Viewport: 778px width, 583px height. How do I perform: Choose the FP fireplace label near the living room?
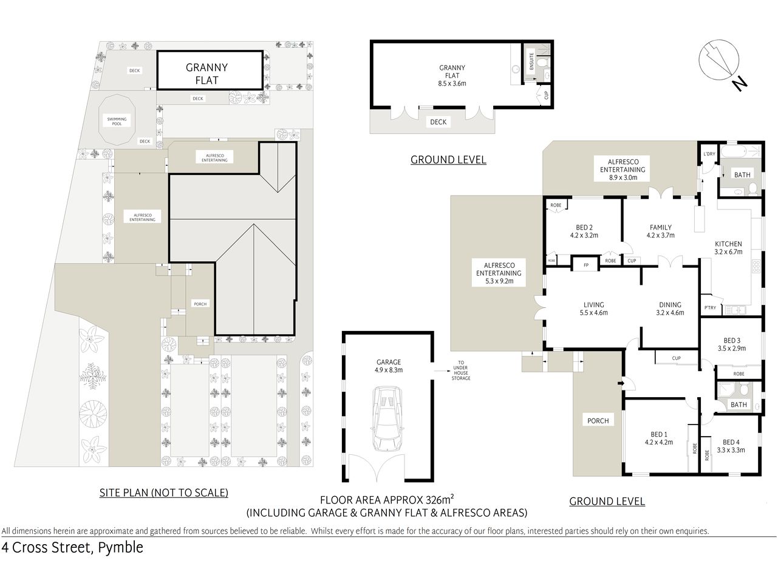[x=586, y=266]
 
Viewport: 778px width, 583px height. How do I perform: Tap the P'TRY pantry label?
[x=709, y=308]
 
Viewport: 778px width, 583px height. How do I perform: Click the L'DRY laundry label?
[x=708, y=154]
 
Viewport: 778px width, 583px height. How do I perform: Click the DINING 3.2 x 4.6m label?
[x=670, y=309]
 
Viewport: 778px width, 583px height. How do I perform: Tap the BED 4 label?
[x=731, y=446]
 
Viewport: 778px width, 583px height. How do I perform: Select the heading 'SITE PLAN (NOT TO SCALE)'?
[x=163, y=493]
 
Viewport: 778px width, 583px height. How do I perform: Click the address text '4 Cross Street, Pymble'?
[x=73, y=548]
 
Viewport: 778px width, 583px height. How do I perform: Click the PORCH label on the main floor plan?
[x=598, y=420]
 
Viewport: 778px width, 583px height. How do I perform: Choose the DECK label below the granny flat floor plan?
[x=438, y=122]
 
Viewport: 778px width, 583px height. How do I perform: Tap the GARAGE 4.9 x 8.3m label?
[x=388, y=366]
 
